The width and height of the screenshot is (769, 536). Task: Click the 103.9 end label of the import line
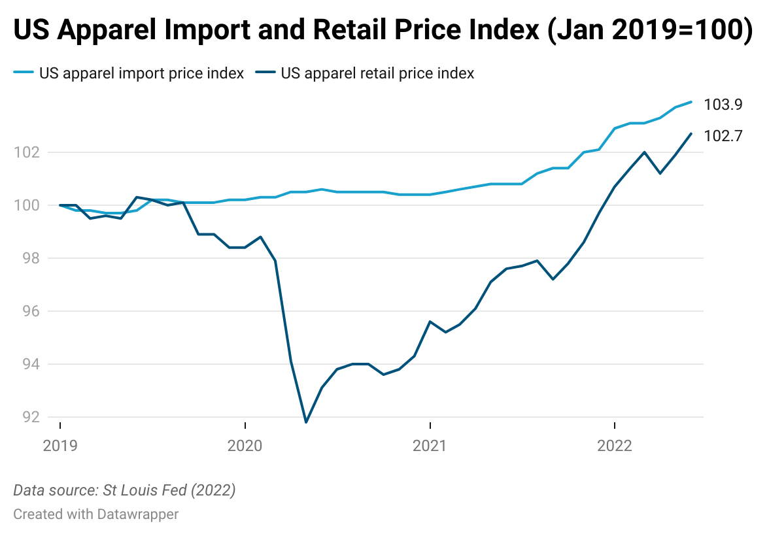tap(723, 105)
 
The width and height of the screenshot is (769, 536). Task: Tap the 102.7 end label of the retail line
tap(723, 136)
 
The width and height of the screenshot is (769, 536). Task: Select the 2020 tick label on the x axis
tap(245, 446)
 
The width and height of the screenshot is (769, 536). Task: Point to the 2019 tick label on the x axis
tap(60, 446)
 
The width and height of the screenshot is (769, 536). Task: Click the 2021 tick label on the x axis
tap(430, 446)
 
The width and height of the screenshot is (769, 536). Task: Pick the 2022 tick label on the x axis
tap(614, 446)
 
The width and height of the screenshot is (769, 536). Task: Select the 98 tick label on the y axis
tap(29, 258)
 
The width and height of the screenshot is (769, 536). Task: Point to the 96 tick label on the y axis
tap(29, 311)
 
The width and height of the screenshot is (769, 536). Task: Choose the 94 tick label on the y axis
tap(29, 364)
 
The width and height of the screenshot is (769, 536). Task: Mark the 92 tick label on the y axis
tap(29, 417)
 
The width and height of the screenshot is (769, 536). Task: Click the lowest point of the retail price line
tap(306, 422)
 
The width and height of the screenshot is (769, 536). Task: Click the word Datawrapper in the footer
tap(137, 514)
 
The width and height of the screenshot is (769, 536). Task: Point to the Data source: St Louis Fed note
tap(124, 490)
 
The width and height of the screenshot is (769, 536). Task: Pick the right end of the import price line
tap(691, 102)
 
